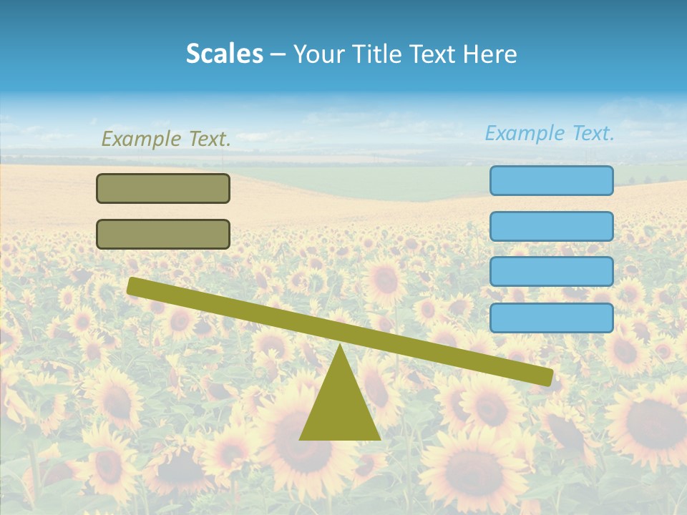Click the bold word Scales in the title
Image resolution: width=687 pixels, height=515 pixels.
click(x=224, y=54)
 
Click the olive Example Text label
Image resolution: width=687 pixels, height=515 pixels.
click(x=166, y=139)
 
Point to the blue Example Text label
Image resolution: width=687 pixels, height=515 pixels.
click(x=550, y=133)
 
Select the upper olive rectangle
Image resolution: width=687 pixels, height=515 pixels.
click(x=163, y=188)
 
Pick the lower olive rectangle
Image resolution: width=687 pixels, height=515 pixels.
click(x=163, y=234)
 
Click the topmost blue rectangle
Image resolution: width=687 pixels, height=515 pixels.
click(x=551, y=180)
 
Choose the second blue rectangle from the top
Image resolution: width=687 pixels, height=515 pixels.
click(x=551, y=226)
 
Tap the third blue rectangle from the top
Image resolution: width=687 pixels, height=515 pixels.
click(x=551, y=272)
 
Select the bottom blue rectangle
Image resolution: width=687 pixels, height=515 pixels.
click(x=551, y=318)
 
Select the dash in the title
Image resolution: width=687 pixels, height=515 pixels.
click(x=278, y=54)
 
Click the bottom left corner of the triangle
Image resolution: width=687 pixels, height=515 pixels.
click(x=301, y=438)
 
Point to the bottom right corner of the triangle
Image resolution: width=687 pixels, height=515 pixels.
click(x=379, y=438)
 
